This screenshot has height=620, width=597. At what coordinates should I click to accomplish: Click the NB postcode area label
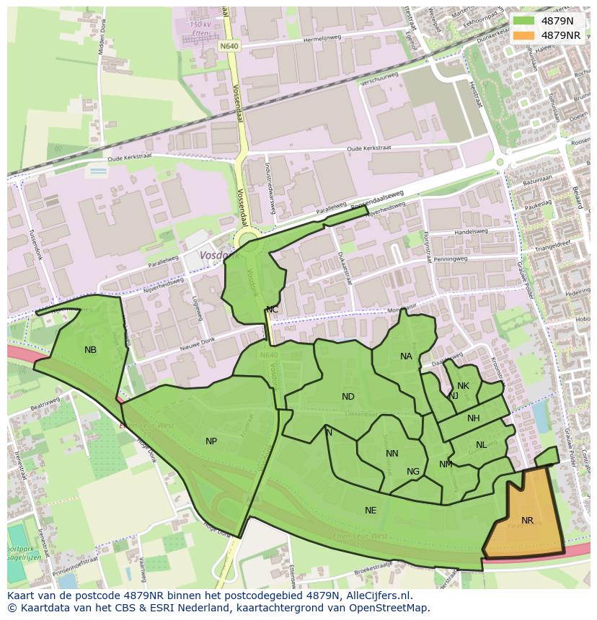90,350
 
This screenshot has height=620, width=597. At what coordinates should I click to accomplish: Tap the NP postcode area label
211,441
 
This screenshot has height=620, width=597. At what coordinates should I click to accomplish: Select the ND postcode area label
348,397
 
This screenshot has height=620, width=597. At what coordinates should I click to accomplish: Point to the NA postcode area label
407,356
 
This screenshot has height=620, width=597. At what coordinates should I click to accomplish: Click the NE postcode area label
371,511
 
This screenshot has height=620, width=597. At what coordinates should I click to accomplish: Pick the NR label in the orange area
527,521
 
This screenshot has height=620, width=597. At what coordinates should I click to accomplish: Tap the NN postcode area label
392,454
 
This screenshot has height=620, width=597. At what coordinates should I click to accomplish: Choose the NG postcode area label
413,472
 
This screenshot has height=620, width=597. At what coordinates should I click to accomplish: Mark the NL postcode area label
481,445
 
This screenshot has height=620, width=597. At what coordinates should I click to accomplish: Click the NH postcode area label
474,418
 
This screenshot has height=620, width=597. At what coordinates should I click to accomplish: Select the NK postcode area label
463,386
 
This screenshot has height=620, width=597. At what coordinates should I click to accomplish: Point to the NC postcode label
272,310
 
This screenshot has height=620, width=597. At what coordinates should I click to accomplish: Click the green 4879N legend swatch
524,21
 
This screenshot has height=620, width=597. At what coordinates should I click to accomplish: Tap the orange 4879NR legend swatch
524,35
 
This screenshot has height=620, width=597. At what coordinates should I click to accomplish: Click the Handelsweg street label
472,232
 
